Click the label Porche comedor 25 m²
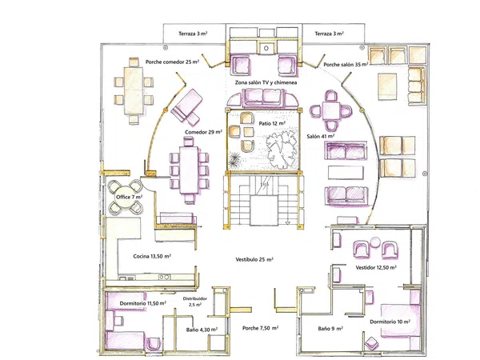tap(172, 62)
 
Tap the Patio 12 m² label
tap(272, 123)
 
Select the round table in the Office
tap(126, 197)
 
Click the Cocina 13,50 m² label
tap(152, 256)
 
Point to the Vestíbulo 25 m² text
tap(254, 259)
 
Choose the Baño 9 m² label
tap(330, 329)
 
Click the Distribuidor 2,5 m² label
tap(195, 302)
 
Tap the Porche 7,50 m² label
tap(260, 328)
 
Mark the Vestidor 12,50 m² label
tap(376, 267)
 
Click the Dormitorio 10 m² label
tap(390, 322)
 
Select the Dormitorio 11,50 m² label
tap(142, 303)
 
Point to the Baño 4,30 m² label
tap(202, 330)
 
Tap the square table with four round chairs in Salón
tap(330, 110)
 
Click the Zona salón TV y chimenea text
tap(266, 82)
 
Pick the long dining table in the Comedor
tap(189, 170)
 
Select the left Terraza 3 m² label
tap(193, 34)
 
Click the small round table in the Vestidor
tap(374, 242)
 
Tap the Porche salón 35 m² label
tap(346, 65)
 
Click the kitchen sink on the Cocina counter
tap(164, 277)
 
